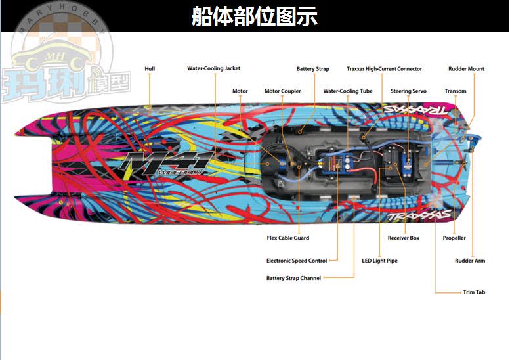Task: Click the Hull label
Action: coord(150,68)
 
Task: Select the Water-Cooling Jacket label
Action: coord(213,68)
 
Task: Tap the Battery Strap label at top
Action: coord(312,68)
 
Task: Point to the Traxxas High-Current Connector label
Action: coord(384,68)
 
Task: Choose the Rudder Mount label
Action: coord(466,68)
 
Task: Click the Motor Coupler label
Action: coord(282,91)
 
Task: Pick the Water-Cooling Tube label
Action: coord(347,91)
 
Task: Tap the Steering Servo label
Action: coord(408,91)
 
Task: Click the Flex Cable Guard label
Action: coord(287,238)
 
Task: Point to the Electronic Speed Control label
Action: coord(296,261)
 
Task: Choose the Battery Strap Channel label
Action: coord(293,278)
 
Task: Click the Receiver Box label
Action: coord(403,238)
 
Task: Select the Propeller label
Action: coord(454,238)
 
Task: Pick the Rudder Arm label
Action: coord(470,261)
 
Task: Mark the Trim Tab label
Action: coord(474,292)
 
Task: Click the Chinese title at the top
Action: coord(254,16)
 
